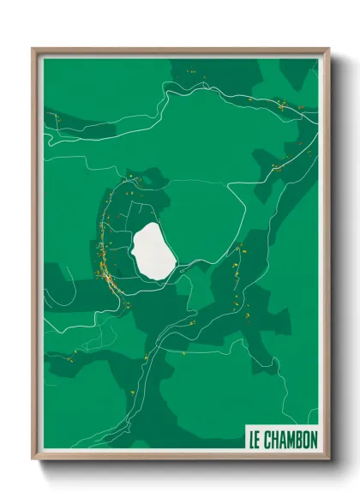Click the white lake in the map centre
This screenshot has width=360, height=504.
tap(153, 250)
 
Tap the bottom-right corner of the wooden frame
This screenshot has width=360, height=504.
tap(328, 459)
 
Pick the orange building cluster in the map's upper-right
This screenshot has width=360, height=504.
tap(280, 105)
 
